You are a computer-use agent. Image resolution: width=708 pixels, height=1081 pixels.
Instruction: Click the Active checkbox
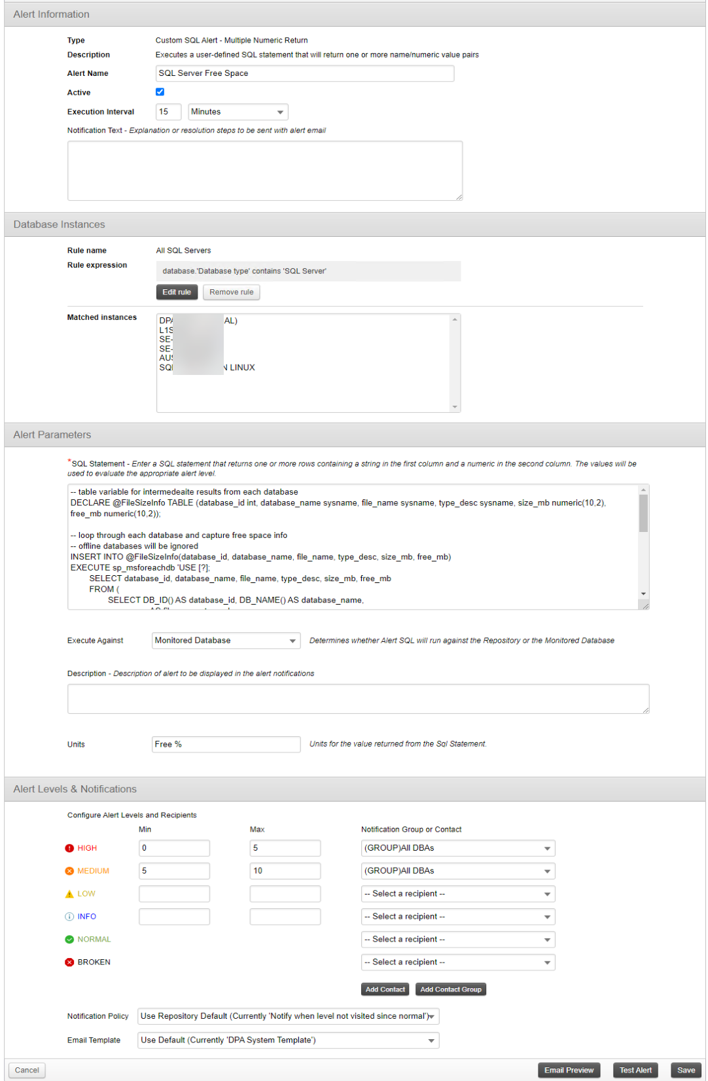point(160,92)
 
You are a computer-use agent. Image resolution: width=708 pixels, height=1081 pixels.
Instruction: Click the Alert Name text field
point(304,73)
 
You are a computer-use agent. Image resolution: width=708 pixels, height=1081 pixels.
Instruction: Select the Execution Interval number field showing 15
point(168,112)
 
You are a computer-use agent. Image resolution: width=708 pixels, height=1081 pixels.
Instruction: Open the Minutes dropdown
point(238,112)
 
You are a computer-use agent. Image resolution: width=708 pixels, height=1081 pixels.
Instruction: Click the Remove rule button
point(231,292)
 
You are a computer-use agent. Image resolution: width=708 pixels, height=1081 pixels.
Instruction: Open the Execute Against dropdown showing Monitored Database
point(226,641)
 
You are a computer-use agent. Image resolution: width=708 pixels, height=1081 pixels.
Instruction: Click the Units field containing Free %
point(226,745)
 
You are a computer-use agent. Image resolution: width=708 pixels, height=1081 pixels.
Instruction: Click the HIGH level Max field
point(285,848)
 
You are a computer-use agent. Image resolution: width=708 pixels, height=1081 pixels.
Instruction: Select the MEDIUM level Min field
point(174,871)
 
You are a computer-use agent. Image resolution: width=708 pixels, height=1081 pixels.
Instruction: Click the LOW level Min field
point(174,894)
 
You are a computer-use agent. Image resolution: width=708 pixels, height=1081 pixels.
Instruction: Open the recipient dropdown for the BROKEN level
point(457,963)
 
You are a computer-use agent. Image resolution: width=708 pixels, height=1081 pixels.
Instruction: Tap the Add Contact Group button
point(450,989)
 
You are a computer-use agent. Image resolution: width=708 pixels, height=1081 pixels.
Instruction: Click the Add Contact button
point(385,989)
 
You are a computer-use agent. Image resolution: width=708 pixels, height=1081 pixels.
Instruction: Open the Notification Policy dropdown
point(288,1016)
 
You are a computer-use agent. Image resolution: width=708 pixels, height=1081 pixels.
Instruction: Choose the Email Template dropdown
point(288,1040)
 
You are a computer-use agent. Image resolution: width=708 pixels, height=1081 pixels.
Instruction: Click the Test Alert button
point(635,1071)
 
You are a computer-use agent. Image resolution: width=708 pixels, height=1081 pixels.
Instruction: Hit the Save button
point(686,1071)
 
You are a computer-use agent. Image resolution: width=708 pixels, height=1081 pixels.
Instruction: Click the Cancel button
point(27,1071)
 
